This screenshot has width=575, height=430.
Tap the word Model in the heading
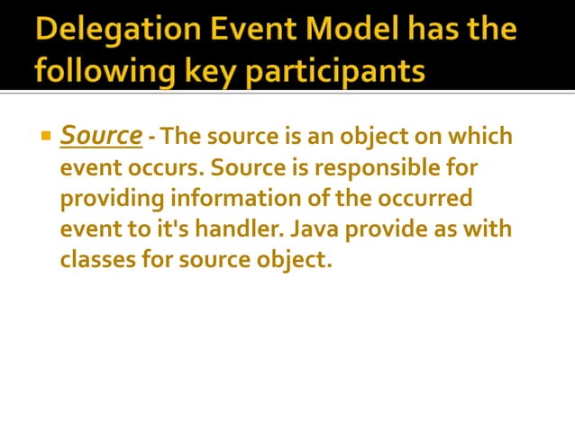345,31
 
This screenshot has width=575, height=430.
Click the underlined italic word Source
101,136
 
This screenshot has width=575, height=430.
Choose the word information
229,199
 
